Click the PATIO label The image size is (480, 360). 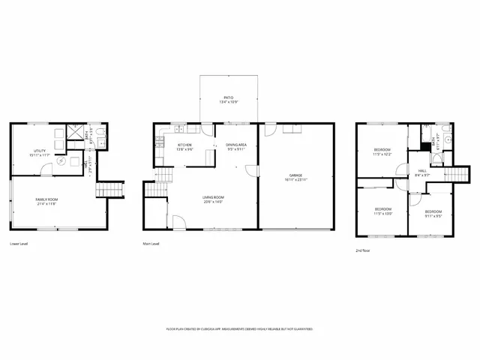click(229, 97)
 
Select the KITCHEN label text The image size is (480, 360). click(184, 145)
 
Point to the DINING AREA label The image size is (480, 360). click(236, 145)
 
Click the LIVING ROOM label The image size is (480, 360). click(214, 198)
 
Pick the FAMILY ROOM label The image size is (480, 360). click(46, 199)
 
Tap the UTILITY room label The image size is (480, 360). click(40, 151)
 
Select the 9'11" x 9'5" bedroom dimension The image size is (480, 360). click(433, 215)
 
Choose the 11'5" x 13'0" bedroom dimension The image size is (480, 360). click(382, 212)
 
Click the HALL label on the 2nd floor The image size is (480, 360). click(422, 171)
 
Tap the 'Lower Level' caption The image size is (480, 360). click(20, 244)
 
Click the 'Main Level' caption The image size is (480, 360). click(151, 244)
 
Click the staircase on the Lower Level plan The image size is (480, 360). click(108, 187)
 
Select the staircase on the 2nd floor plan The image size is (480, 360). click(457, 174)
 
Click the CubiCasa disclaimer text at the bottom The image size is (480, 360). click(239, 329)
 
